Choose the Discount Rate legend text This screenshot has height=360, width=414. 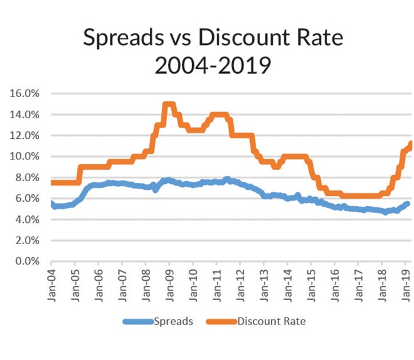tap(270, 321)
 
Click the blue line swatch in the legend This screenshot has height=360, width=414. tap(138, 322)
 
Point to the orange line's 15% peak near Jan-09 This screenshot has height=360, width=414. tap(169, 105)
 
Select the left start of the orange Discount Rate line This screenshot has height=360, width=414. tap(53, 182)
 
